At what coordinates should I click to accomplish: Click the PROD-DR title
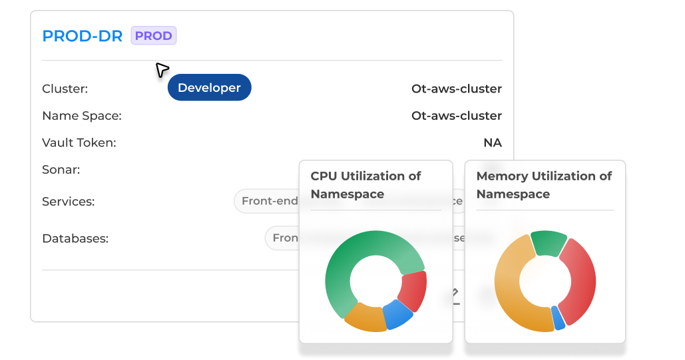tap(82, 36)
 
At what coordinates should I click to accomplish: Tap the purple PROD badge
tap(154, 36)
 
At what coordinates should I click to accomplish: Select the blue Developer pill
tap(209, 88)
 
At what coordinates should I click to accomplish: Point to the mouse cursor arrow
tap(162, 69)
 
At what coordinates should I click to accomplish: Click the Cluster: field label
tap(65, 89)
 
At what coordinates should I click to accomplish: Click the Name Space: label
tap(81, 116)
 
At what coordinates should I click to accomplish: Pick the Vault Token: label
tap(79, 142)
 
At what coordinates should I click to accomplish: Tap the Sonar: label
tap(61, 170)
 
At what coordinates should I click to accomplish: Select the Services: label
tap(68, 201)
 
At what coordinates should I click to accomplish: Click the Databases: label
tap(75, 238)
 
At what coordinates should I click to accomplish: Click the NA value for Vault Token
tap(492, 142)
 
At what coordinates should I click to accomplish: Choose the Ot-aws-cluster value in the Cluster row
tap(456, 89)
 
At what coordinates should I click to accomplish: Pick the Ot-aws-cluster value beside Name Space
tap(456, 116)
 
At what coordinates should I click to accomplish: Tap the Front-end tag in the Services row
tap(268, 201)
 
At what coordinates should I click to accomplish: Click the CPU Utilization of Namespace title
tap(365, 185)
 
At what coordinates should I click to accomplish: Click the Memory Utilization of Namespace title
tap(544, 185)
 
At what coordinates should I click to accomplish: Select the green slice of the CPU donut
tap(353, 253)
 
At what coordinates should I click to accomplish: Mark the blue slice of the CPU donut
tap(397, 314)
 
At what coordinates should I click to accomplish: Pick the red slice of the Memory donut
tap(580, 279)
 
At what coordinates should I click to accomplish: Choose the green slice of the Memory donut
tap(549, 243)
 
